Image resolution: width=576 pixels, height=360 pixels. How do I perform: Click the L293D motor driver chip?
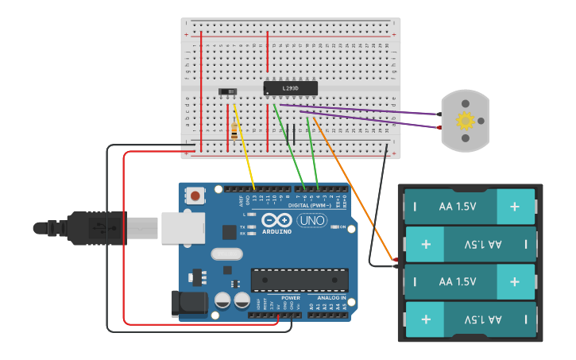click(x=291, y=88)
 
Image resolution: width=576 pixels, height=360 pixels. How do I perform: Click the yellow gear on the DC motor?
click(x=466, y=121)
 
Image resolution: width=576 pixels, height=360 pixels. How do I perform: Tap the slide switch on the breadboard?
click(x=228, y=92)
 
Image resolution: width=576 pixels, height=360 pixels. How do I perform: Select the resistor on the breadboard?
click(x=233, y=130)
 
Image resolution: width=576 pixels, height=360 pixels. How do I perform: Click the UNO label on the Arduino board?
click(x=311, y=220)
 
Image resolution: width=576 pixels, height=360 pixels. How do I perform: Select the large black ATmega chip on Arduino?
click(x=300, y=280)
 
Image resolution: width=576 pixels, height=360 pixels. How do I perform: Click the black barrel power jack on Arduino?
click(x=190, y=304)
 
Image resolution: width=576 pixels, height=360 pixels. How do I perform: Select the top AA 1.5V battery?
click(x=470, y=207)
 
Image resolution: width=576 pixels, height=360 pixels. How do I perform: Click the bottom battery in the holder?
click(x=470, y=319)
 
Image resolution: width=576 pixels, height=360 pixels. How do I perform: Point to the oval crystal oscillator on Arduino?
click(x=226, y=254)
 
